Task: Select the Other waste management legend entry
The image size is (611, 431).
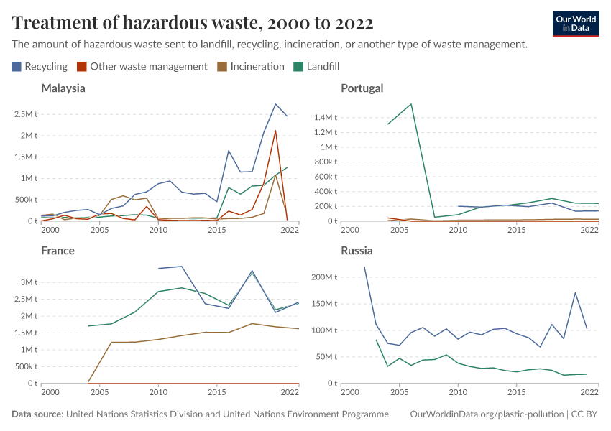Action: point(142,66)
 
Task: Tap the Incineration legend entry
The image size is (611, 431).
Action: point(251,66)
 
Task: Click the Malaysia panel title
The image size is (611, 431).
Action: point(63,88)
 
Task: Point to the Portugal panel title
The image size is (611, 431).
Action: point(362,88)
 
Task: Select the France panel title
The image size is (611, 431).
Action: point(58,251)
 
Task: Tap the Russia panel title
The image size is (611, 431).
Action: point(357,251)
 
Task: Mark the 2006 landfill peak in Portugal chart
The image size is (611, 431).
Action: point(411,104)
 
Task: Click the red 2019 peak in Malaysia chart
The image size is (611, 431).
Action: point(275,131)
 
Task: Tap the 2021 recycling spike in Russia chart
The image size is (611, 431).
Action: point(575,292)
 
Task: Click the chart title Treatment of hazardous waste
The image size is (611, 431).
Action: point(193,23)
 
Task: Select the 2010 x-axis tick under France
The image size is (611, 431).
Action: point(158,392)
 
